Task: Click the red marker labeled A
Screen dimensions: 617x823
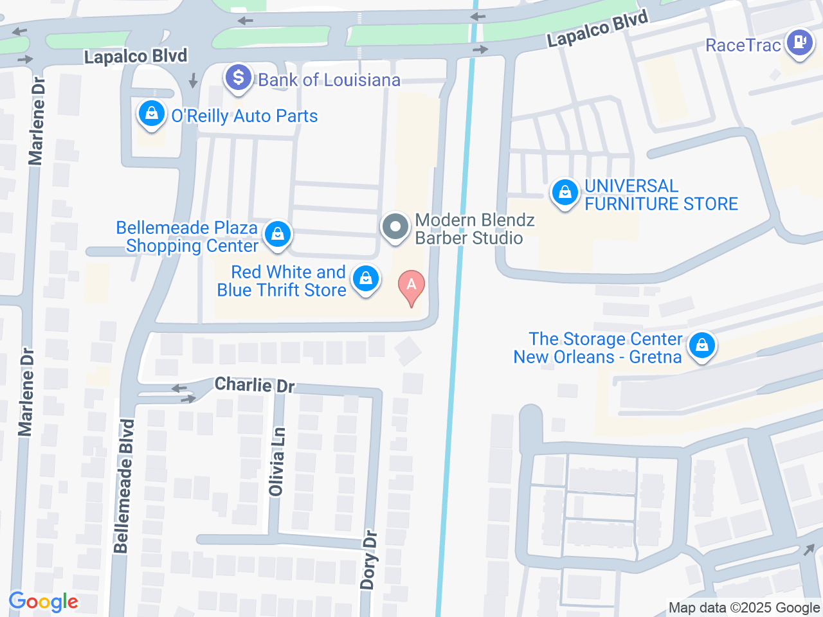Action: (x=411, y=285)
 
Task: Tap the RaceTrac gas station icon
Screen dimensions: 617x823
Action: (x=800, y=43)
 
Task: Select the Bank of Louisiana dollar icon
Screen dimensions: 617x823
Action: (x=239, y=78)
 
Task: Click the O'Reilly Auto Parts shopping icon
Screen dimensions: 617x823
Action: (x=151, y=114)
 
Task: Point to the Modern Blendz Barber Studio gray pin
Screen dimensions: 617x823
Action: (x=395, y=227)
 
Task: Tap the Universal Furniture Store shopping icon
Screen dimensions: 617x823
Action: (x=565, y=192)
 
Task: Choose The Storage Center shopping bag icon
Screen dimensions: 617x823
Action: (x=702, y=346)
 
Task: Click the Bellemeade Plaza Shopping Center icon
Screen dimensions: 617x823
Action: (x=278, y=234)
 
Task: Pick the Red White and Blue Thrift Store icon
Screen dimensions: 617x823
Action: (x=366, y=279)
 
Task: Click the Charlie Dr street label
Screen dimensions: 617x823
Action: (x=255, y=385)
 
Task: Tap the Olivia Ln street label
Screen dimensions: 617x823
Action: (x=277, y=462)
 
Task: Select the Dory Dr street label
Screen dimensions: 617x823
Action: (x=368, y=559)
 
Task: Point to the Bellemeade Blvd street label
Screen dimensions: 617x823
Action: (x=123, y=486)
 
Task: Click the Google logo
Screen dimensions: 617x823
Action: (x=44, y=602)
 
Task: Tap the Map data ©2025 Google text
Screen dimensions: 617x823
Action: (x=744, y=607)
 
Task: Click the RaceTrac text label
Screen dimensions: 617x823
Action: (x=743, y=45)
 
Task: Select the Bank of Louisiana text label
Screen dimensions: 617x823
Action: (x=329, y=80)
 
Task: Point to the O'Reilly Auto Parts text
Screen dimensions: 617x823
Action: (x=244, y=116)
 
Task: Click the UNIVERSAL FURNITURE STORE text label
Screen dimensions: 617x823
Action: (x=660, y=195)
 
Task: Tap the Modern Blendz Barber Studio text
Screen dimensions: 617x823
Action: (x=474, y=229)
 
